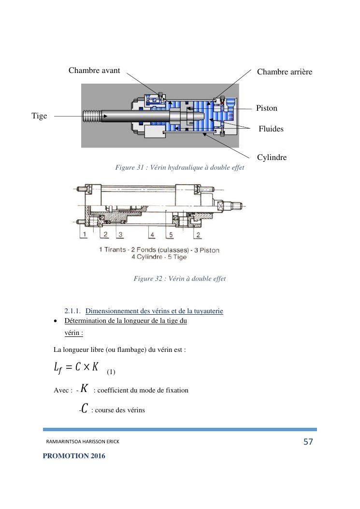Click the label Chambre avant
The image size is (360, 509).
94,71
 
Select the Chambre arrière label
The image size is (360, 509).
285,72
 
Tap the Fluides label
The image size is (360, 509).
271,129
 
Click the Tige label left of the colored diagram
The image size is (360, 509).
39,116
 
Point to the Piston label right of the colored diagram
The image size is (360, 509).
267,108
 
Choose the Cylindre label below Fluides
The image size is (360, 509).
272,158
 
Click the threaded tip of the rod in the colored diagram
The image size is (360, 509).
91,116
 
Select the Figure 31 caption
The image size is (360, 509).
180,168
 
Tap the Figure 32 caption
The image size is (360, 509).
180,278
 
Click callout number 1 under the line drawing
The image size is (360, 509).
84,234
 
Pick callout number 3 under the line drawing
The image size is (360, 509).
120,234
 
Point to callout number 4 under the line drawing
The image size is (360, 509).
152,234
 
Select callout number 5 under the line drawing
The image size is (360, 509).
171,234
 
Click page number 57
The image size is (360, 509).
308,441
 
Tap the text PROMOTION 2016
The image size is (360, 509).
74,456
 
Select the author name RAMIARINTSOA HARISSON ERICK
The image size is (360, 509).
82,442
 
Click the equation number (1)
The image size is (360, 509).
111,372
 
